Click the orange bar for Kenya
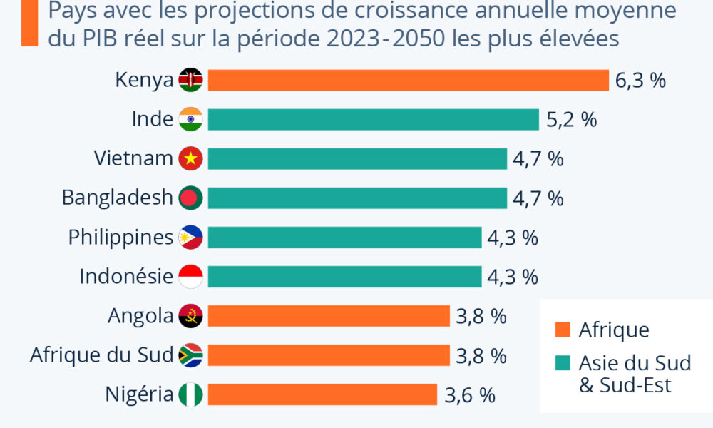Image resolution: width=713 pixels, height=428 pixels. (x=408, y=81)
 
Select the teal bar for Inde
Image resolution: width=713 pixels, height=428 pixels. (x=373, y=120)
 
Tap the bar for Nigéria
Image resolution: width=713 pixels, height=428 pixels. (x=322, y=394)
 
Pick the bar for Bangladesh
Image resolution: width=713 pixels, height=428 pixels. (x=357, y=198)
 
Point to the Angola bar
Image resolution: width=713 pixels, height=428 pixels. (x=329, y=316)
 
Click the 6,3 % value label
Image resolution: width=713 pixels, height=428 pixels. (x=640, y=81)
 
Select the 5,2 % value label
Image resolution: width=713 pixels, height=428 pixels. (x=570, y=120)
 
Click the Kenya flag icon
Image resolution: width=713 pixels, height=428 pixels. (x=190, y=81)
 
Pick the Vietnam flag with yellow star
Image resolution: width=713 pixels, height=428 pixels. (x=190, y=159)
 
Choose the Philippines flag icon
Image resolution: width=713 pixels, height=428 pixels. (x=190, y=238)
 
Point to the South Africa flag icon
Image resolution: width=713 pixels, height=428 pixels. (x=190, y=355)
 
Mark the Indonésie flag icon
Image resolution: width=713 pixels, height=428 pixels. (x=190, y=277)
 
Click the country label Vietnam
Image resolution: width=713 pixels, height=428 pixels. (x=133, y=159)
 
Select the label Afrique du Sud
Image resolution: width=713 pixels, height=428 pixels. (x=101, y=355)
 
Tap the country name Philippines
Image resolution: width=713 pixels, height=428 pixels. (x=120, y=238)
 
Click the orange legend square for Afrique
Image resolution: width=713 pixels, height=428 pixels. (x=563, y=330)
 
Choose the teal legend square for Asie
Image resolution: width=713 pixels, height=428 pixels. (x=563, y=364)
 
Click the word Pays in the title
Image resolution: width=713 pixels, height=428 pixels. (x=71, y=12)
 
